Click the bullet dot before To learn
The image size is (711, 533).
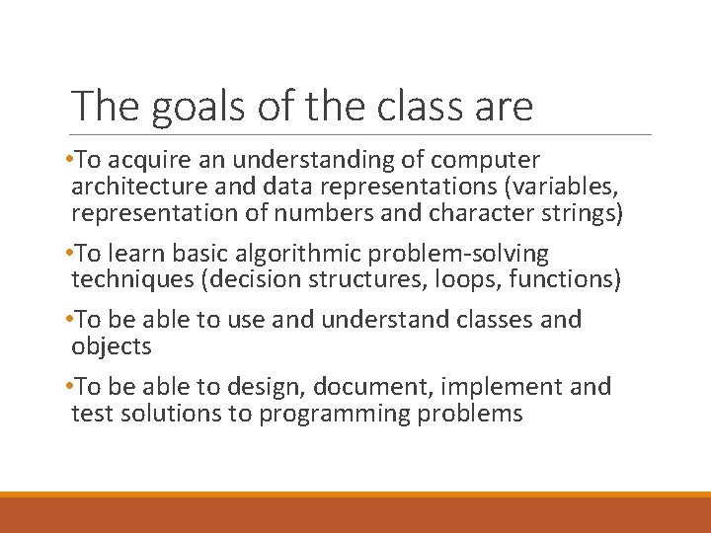(67, 254)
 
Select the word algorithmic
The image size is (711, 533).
(299, 254)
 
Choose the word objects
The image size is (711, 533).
(112, 346)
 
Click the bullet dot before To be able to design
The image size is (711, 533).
(67, 387)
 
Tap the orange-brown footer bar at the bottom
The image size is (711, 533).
(355, 514)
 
